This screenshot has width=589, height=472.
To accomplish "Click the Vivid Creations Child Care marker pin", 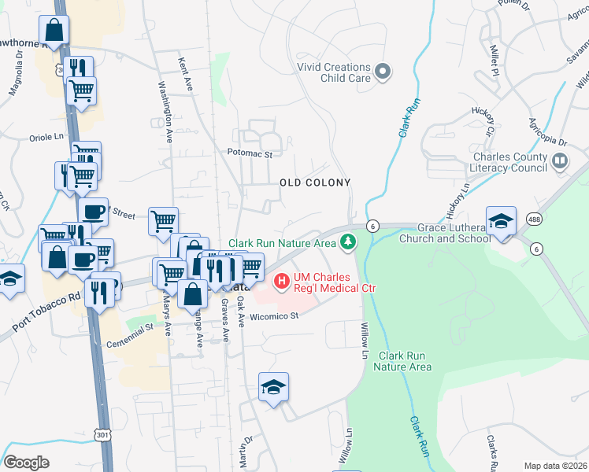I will point(383,72).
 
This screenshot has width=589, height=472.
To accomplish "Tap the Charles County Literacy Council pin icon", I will point(560,162).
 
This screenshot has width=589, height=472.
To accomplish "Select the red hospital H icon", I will point(281,280).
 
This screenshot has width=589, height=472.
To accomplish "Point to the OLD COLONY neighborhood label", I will point(315,183).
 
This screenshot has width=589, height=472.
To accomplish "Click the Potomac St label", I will point(249,154).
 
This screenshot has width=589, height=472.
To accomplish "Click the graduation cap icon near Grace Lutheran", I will point(501,221).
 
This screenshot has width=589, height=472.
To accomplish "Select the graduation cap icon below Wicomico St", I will point(273,386).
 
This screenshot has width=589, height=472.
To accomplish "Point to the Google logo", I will point(26,462).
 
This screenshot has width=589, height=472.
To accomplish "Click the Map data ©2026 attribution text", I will point(554,466).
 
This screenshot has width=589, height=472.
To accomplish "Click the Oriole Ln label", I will point(46,136).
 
